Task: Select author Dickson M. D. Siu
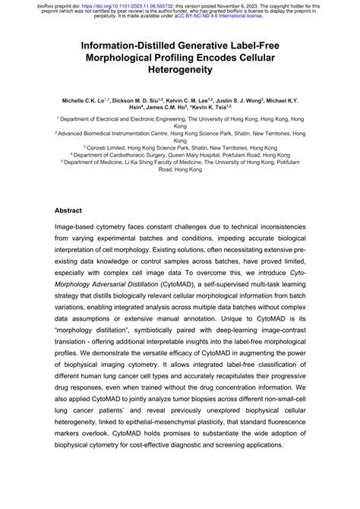tap(138, 100)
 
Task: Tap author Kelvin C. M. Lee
tap(197, 100)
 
